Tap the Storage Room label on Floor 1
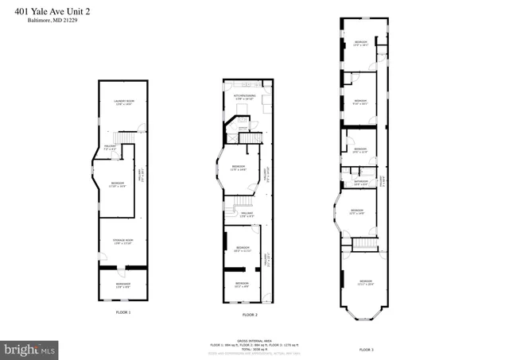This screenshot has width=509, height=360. click(122, 242)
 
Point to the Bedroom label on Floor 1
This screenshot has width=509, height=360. click(118, 185)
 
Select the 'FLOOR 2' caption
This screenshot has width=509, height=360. click(250, 315)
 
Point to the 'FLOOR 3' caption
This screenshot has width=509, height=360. click(366, 350)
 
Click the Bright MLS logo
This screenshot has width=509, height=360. click(30, 349)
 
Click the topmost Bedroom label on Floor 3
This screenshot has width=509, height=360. click(360, 44)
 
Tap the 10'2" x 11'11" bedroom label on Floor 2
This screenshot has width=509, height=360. click(240, 249)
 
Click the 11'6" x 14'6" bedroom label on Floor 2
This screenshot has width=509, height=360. click(238, 167)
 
